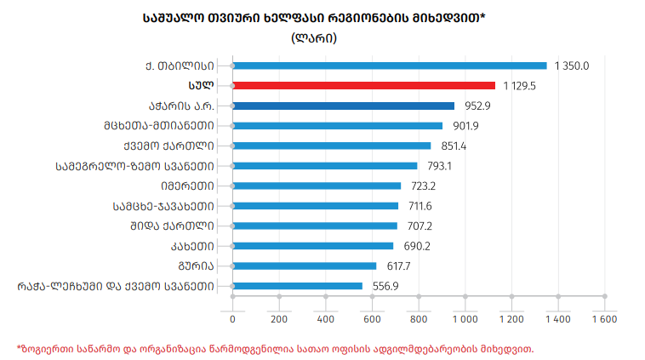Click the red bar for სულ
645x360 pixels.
coord(363,85)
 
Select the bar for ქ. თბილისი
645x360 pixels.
coord(389,65)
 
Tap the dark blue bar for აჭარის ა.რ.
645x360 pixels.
coord(343,106)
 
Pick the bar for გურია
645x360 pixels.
coord(304,266)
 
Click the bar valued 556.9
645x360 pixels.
coord(297,286)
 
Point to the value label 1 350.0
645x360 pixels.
coord(571,65)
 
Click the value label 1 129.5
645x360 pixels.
coord(521,85)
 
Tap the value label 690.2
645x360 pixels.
coord(414,246)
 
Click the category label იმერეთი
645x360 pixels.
coord(185,186)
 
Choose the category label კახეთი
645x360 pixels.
coord(190,246)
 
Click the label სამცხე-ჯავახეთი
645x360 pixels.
coord(162,205)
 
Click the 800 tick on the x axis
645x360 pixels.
coord(418,318)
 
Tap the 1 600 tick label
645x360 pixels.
coord(602,318)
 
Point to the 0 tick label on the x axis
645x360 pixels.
coord(232,318)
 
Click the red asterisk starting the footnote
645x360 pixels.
coord(20,347)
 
